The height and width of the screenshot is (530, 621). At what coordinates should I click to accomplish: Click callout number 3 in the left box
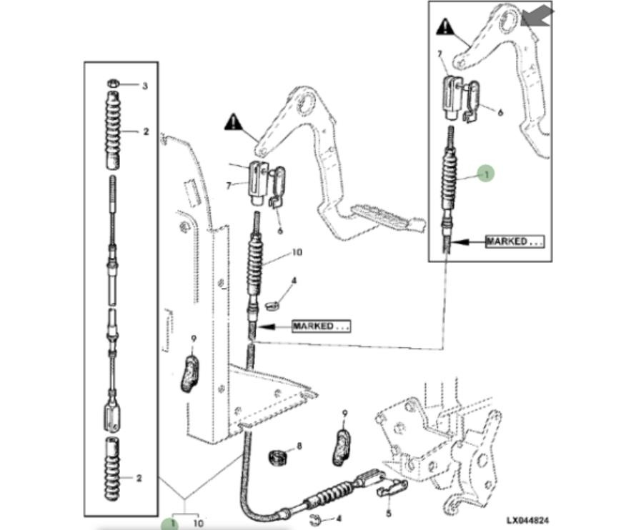pos(144,86)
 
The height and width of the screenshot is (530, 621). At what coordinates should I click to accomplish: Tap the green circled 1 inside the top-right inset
pos(485,173)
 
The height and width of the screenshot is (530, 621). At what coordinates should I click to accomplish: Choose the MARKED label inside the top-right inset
pos(515,241)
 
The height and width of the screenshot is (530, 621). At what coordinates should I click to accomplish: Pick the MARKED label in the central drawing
pos(321,326)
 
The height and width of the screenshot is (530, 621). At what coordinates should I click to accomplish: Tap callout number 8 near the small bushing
pos(299,446)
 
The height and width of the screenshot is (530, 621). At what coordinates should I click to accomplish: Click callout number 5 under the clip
pos(388,512)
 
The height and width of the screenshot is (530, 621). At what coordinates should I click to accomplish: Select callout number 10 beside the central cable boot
pos(297,253)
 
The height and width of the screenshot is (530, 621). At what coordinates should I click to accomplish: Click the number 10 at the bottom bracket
pos(198,524)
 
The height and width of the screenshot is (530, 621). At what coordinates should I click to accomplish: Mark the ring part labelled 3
pos(114,84)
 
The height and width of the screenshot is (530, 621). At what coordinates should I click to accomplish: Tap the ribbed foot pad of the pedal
pos(385,216)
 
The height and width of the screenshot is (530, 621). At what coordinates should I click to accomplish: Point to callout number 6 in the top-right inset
pos(500,113)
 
